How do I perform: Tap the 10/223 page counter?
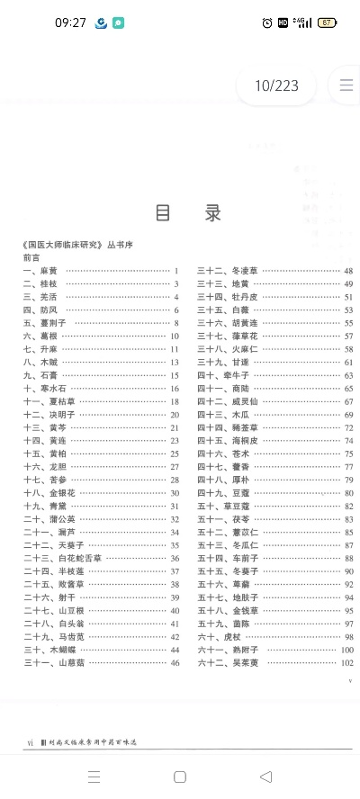pyautogui.click(x=275, y=86)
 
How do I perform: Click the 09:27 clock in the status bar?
pyautogui.click(x=70, y=22)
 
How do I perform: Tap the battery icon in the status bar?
pyautogui.click(x=327, y=22)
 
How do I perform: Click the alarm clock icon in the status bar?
pyautogui.click(x=267, y=22)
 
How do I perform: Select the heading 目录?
pyautogui.click(x=188, y=213)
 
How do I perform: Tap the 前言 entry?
pyautogui.click(x=31, y=257)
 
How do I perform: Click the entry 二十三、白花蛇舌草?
pyautogui.click(x=62, y=559)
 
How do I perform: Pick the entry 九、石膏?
pyautogui.click(x=40, y=375)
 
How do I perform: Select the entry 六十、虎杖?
pyautogui.click(x=219, y=637)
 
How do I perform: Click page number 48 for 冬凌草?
pyautogui.click(x=348, y=271)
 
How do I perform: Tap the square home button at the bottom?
pyautogui.click(x=180, y=777)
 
